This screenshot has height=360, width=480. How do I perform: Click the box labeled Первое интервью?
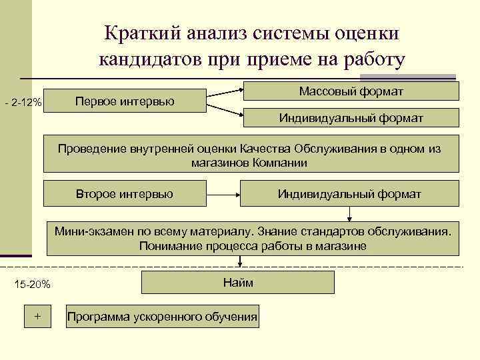tap(125, 101)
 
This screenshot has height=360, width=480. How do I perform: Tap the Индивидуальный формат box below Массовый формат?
tap(351, 118)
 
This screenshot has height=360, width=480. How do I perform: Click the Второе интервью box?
tap(125, 193)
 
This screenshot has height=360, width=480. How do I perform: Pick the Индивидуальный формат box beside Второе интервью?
tap(349, 193)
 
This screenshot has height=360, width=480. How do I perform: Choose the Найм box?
tap(238, 283)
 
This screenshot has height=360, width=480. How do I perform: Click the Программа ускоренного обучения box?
tap(162, 316)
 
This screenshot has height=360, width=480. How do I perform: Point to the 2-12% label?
tap(23, 103)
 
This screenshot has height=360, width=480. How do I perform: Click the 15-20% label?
tap(32, 285)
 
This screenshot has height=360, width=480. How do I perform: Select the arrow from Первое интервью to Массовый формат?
tap(224, 91)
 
